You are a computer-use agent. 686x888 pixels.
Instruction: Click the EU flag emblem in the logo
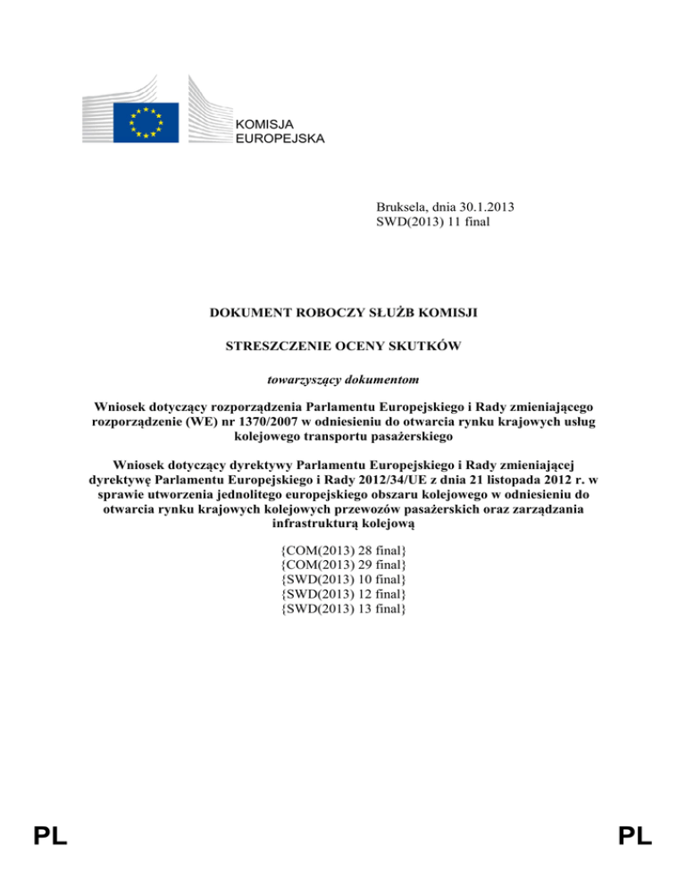click(x=145, y=121)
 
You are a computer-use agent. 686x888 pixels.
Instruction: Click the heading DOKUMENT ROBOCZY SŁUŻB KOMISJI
click(x=343, y=314)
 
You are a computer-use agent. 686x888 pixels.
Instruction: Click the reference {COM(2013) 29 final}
click(x=344, y=565)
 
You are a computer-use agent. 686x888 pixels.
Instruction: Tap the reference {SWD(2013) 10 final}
click(x=344, y=580)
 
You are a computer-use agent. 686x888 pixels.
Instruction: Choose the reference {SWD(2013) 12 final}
click(x=344, y=594)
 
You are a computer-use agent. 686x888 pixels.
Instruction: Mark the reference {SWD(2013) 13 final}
click(x=344, y=608)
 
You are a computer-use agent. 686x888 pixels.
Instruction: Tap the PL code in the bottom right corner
click(x=635, y=836)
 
